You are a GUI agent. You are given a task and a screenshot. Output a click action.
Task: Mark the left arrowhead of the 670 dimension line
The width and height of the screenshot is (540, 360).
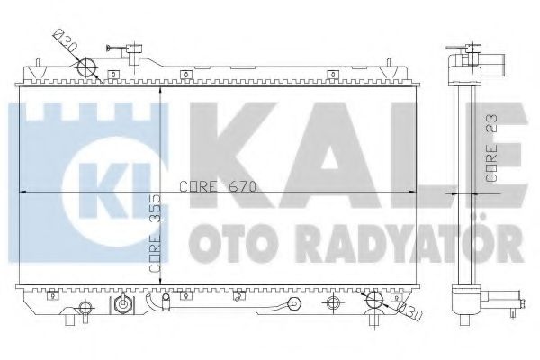click(22, 193)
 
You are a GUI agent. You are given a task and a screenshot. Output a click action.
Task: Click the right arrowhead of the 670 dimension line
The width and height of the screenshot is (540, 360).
click(415, 193)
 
